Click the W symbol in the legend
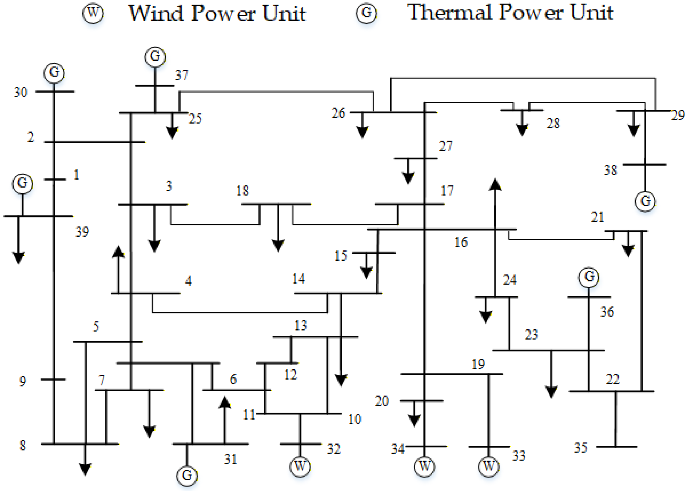coord(93,13)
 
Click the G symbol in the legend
coord(366,13)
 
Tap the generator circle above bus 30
coord(54,73)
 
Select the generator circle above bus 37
coord(155,57)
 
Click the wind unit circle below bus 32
coord(300,466)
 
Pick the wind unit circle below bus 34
coord(424,466)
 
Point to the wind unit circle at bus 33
coord(488,466)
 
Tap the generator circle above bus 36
coord(588,277)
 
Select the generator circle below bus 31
coord(187,475)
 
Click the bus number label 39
coord(82,232)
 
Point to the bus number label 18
coord(242,191)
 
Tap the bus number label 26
coord(338,113)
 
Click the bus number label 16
coord(461,242)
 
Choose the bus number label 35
coord(580,448)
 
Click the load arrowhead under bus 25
coord(172,133)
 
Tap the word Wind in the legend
coord(156,13)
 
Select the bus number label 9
coord(23,381)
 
